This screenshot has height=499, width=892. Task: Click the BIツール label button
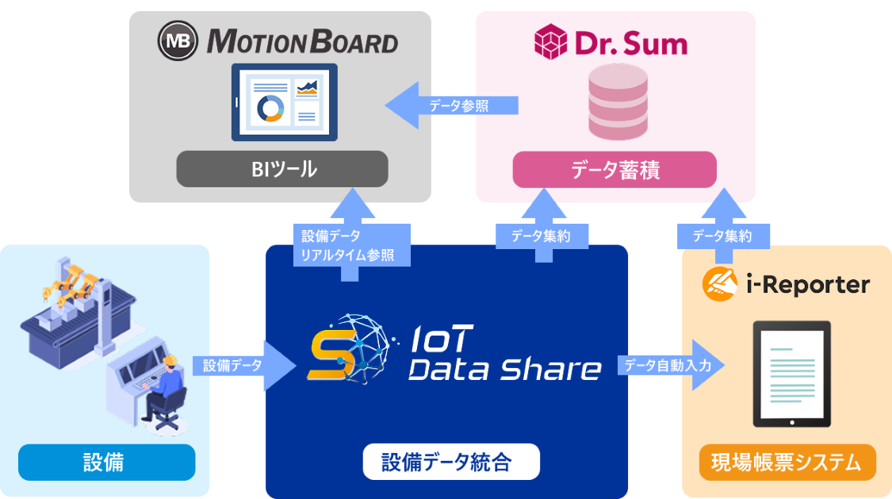click(282, 169)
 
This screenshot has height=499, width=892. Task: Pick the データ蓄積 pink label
click(614, 169)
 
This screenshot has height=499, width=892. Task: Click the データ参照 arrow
click(452, 106)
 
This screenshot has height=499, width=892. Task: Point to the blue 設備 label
click(106, 462)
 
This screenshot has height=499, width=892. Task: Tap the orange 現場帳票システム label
click(787, 463)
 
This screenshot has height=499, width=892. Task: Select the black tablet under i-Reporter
click(791, 374)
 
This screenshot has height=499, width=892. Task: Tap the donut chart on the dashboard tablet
click(271, 107)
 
